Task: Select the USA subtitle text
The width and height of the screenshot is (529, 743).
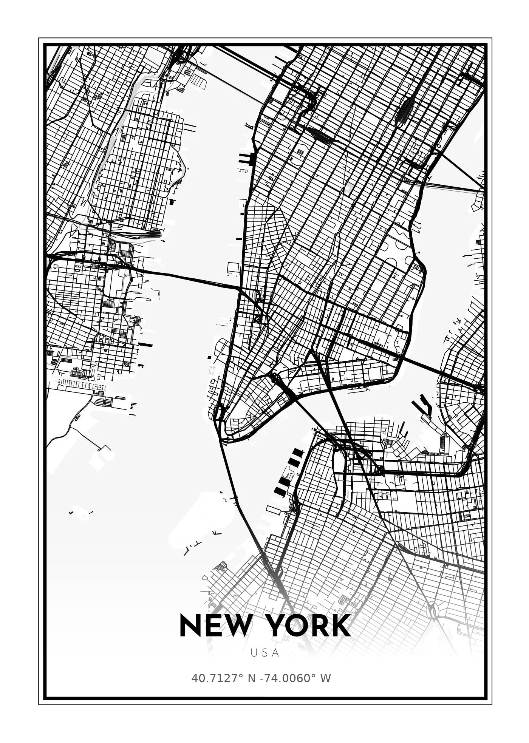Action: [x=265, y=653]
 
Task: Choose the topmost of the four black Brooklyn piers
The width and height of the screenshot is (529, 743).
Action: [x=298, y=452]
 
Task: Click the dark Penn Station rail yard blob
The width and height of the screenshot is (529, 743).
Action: [x=319, y=134]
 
